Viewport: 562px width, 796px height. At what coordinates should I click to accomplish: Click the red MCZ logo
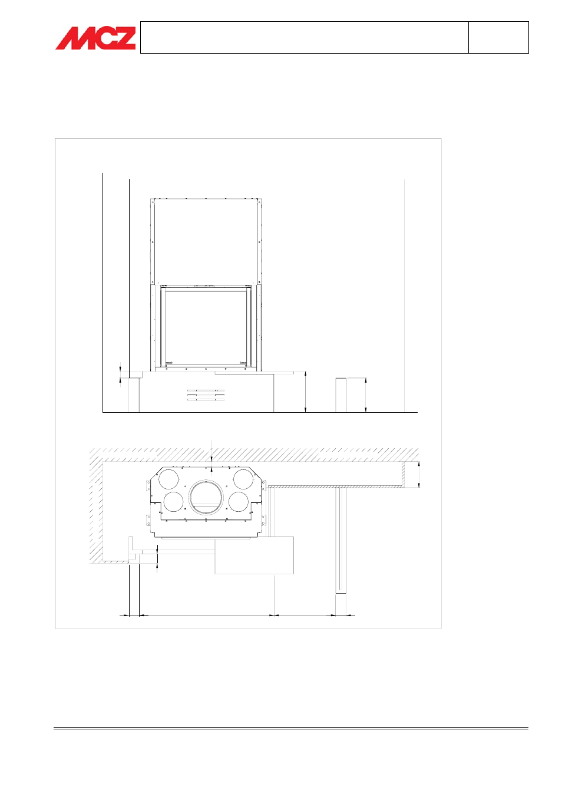click(x=95, y=38)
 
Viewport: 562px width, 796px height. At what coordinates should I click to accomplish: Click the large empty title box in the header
click(x=305, y=37)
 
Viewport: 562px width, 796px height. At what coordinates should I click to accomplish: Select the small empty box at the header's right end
click(x=499, y=37)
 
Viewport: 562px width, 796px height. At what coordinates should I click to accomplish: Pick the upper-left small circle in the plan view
click(x=168, y=479)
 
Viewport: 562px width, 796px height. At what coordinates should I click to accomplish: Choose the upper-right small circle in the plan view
click(x=243, y=479)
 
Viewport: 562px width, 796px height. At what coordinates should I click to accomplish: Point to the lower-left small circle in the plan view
click(x=173, y=501)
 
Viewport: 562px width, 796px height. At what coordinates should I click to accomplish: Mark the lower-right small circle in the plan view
click(x=239, y=501)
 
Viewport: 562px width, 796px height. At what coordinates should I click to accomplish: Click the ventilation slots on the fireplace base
click(x=206, y=395)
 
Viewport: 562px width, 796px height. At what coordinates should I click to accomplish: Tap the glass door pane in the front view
click(x=206, y=326)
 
